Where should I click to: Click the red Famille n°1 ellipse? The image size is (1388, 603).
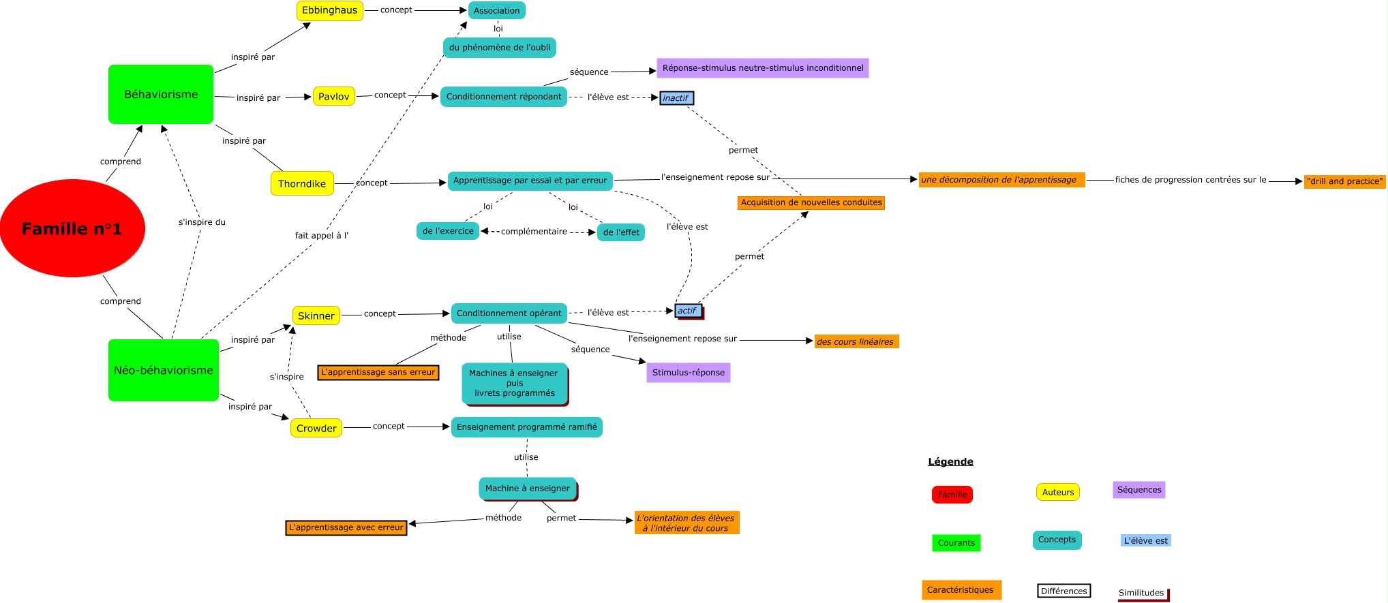click(72, 228)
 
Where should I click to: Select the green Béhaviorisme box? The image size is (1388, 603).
click(161, 94)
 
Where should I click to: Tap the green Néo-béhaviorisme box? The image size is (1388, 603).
click(164, 370)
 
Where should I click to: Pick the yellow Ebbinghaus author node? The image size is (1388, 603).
click(329, 10)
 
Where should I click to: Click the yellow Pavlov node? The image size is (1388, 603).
click(333, 96)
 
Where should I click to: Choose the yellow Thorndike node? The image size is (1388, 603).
click(302, 183)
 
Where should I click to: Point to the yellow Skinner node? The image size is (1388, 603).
click(316, 315)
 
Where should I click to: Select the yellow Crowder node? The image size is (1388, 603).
click(316, 428)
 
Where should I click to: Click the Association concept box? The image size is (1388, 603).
click(496, 10)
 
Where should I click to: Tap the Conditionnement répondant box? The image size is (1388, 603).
click(504, 96)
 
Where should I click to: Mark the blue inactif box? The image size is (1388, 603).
click(676, 98)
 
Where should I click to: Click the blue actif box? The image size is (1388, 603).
click(688, 311)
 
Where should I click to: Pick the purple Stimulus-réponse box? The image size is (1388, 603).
click(688, 372)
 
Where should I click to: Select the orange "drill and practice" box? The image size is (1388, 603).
click(1344, 181)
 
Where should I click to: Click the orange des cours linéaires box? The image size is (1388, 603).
click(856, 341)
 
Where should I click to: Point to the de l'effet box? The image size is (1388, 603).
click(621, 232)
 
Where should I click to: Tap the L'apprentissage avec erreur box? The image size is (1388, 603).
click(346, 527)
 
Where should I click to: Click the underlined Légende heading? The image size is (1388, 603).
click(950, 461)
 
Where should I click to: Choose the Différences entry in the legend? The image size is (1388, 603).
click(1063, 591)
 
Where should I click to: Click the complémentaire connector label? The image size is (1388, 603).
click(534, 232)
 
